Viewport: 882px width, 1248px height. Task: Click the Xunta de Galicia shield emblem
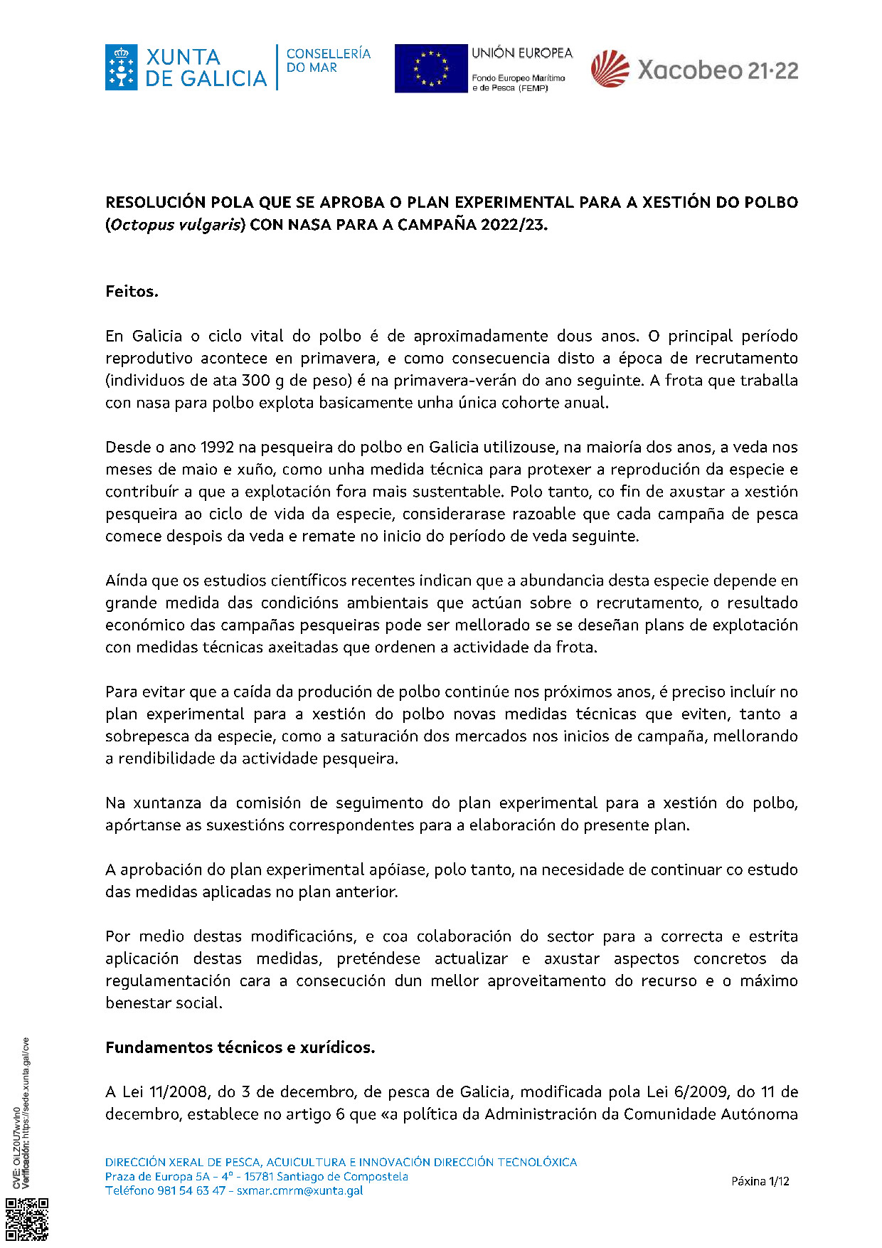click(x=121, y=68)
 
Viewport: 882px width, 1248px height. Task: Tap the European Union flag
click(x=430, y=68)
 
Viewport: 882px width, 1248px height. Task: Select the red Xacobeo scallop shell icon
click(x=610, y=70)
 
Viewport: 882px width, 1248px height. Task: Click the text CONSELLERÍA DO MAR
click(x=328, y=60)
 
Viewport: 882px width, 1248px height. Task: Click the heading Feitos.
click(x=132, y=291)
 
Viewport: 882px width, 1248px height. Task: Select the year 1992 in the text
click(x=218, y=448)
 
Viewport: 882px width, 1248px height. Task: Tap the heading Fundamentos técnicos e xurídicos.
click(x=240, y=1047)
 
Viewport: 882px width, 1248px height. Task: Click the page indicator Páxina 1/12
click(x=760, y=1181)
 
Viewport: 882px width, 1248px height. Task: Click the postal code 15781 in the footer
click(x=259, y=1176)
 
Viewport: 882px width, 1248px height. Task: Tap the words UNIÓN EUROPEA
click(x=521, y=53)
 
